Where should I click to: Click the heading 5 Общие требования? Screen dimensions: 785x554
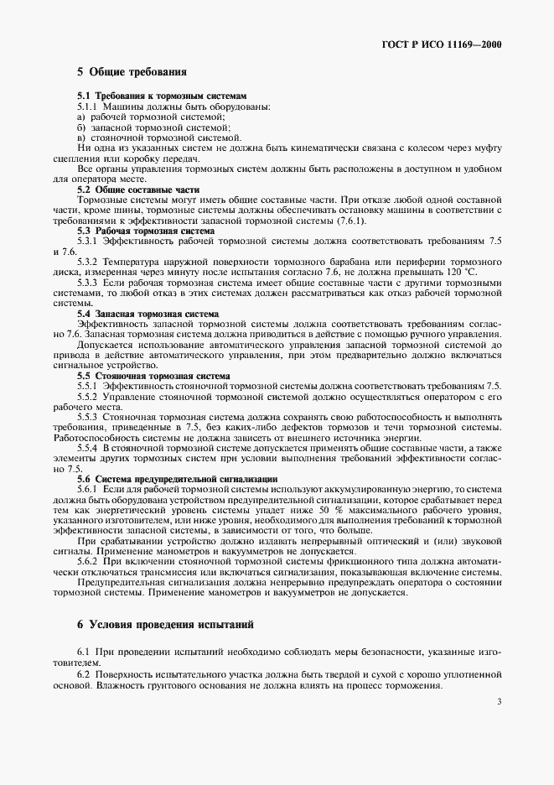(132, 73)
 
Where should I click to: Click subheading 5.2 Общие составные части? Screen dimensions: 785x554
(132, 190)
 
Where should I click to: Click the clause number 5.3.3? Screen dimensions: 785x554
(88, 283)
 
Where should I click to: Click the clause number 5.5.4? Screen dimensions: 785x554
(88, 449)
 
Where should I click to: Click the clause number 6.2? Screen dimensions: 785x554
(83, 673)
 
